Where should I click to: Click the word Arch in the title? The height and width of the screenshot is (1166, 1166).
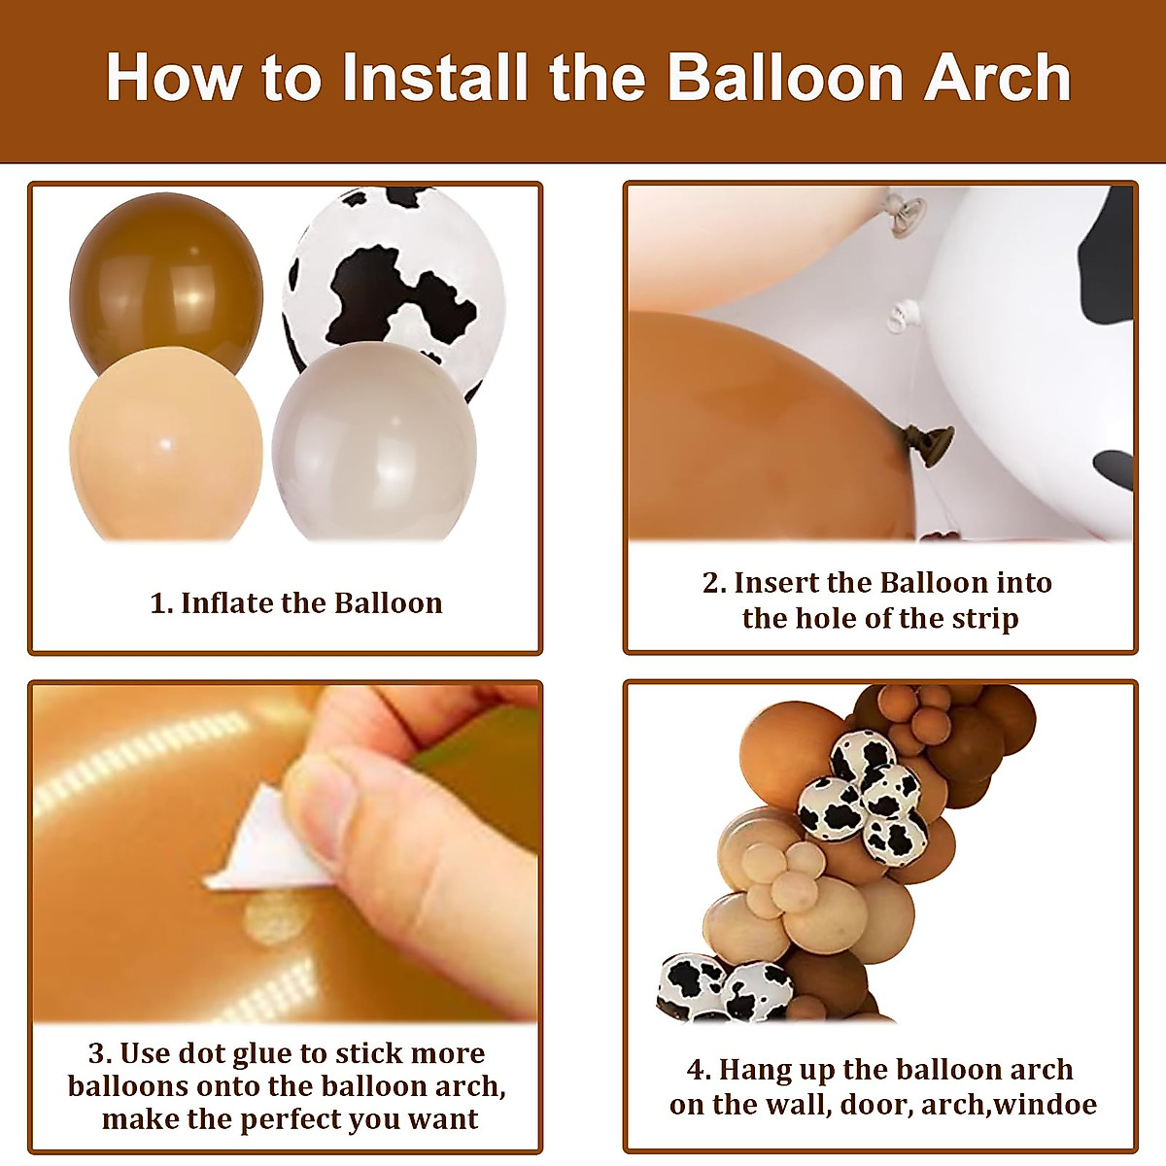997,78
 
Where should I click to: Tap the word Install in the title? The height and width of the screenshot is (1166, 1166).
435,78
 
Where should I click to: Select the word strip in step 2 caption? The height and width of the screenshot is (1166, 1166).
982,619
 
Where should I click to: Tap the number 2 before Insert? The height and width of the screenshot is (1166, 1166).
712,583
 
